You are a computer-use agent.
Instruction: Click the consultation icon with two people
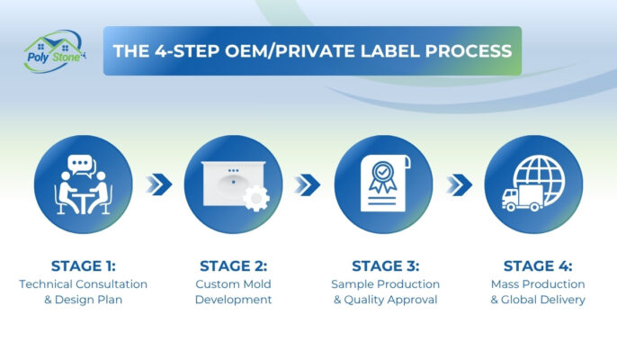pyautogui.click(x=83, y=184)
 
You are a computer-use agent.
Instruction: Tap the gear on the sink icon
pyautogui.click(x=255, y=198)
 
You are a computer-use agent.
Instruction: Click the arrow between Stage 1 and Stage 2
pyautogui.click(x=158, y=184)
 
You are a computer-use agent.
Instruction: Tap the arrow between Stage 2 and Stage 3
pyautogui.click(x=308, y=184)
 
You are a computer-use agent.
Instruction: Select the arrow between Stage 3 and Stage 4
pyautogui.click(x=460, y=184)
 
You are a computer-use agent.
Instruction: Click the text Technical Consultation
pyautogui.click(x=83, y=283)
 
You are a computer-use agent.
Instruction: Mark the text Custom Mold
pyautogui.click(x=233, y=283)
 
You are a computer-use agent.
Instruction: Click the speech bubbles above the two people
pyautogui.click(x=83, y=165)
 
